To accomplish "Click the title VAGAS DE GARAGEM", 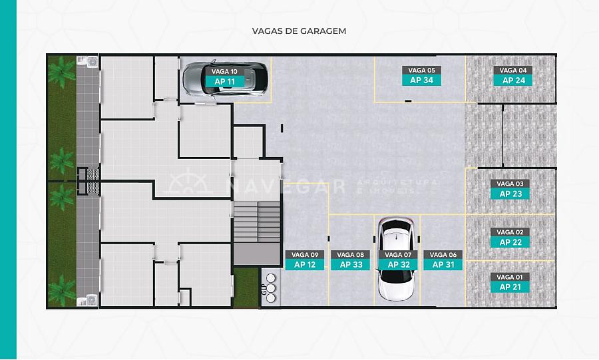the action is point(299,31).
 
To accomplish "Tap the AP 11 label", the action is point(225,81).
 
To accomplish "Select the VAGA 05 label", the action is point(421,71).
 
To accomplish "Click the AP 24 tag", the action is point(513,80).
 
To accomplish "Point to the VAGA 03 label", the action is point(510,184).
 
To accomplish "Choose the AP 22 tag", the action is point(510,242).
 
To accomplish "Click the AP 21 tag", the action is point(510,287).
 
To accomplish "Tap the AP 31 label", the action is point(443,265).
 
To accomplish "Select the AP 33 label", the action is point(351,265).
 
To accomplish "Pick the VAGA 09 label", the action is point(305,255).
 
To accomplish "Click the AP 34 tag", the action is point(421,80).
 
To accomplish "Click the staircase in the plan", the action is point(257,222).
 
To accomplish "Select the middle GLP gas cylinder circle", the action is point(271,288).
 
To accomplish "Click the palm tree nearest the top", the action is point(61,72).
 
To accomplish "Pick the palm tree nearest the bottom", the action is point(61,289).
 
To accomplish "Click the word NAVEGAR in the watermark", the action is point(286,187).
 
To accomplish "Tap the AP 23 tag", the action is point(510,194).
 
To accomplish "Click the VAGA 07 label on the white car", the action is point(398,255).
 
